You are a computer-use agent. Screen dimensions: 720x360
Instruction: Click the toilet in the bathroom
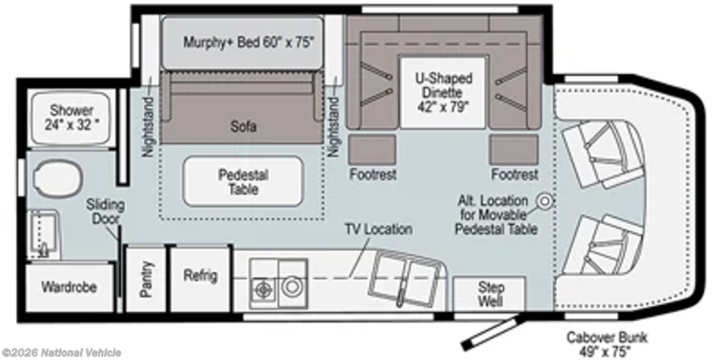[59, 178]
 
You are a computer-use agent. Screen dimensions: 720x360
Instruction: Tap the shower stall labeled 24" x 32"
[71, 118]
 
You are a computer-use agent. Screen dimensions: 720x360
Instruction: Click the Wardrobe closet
[69, 288]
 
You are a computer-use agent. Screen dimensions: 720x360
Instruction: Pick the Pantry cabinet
[146, 279]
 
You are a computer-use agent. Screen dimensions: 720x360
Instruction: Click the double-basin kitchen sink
[406, 280]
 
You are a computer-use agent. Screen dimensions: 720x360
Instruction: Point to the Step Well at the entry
[490, 295]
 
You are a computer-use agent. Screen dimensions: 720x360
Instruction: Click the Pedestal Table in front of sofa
[243, 182]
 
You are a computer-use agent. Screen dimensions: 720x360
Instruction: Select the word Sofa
[243, 127]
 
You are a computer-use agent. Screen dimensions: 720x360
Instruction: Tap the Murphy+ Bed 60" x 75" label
[248, 42]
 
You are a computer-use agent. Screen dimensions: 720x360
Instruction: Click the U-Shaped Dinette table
[443, 92]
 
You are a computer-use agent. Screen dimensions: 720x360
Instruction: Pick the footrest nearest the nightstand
[373, 150]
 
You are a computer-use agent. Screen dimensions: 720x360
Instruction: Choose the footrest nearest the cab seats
[514, 150]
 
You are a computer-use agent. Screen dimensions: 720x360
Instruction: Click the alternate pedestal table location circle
[545, 200]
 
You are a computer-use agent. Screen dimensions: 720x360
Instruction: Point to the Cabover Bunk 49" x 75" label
[607, 345]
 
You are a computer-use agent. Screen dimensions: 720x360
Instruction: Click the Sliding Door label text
[105, 212]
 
